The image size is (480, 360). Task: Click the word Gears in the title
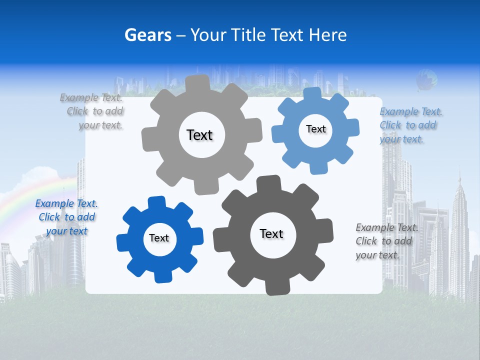coord(147,35)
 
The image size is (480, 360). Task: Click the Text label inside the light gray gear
coord(199,135)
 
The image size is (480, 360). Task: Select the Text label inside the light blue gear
coord(315,129)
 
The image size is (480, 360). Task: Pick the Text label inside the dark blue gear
coord(159,238)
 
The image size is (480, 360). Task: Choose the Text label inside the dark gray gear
coord(271,233)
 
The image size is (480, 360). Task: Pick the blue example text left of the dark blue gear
coord(66,217)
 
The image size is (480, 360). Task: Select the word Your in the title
coord(209,35)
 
